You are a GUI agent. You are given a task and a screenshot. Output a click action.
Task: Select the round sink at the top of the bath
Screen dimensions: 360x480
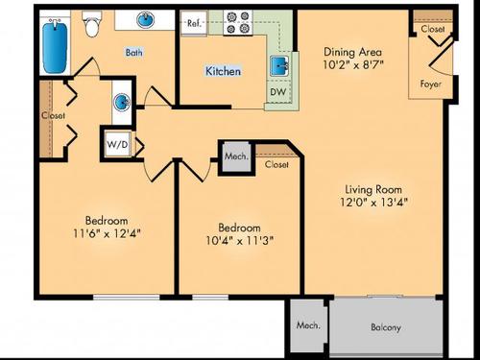(x=147, y=21)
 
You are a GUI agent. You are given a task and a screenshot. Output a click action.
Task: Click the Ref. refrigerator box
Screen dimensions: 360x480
(x=194, y=23)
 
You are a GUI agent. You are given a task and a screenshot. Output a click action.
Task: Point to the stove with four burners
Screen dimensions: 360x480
(x=236, y=24)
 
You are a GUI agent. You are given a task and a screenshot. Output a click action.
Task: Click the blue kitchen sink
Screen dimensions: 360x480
(x=279, y=66)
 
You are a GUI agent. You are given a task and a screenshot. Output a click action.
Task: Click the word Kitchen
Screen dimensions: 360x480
(x=223, y=72)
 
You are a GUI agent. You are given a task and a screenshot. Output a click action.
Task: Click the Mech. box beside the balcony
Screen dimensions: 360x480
(x=307, y=325)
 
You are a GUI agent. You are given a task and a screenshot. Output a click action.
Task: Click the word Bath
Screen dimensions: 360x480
(x=135, y=54)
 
